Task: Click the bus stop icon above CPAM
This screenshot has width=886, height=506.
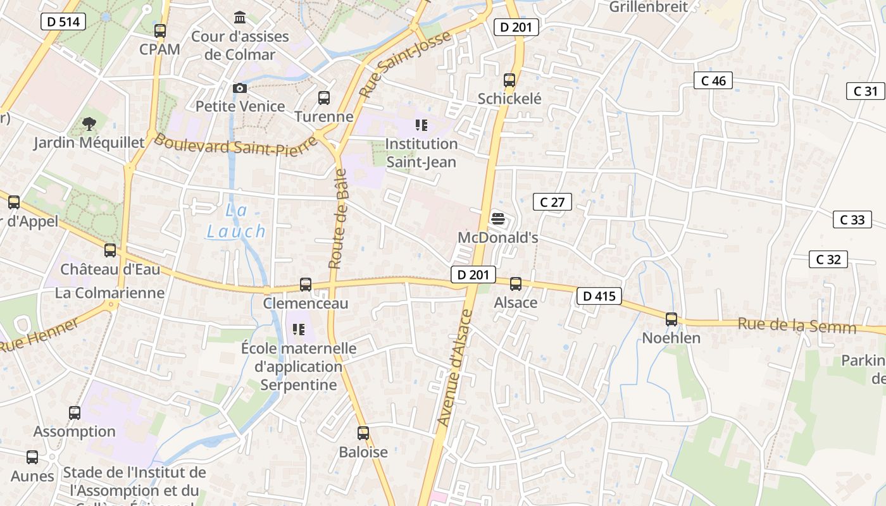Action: pos(160,30)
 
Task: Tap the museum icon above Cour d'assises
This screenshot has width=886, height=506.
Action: pos(240,17)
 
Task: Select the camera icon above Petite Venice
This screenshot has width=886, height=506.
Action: pos(240,88)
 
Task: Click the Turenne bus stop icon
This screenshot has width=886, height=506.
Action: pos(324,98)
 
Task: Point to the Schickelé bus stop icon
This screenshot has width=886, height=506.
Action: pos(509,80)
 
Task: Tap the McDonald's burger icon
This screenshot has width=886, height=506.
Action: pos(498,219)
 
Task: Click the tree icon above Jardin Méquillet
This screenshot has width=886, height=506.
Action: pos(89,124)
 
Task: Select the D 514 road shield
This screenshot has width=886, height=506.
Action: pos(64,22)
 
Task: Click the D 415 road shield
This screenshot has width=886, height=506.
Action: pos(599,296)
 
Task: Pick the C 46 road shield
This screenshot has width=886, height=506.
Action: pos(713,80)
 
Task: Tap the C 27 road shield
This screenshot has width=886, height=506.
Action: pos(552,202)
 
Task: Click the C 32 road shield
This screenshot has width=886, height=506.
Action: pos(828,259)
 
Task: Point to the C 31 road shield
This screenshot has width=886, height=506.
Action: pos(865,91)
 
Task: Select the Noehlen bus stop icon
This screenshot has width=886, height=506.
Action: pos(671,319)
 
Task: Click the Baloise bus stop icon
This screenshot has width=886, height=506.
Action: pos(363,433)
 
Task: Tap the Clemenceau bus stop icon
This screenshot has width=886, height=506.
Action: pos(306,285)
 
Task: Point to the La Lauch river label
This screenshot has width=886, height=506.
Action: pos(236,221)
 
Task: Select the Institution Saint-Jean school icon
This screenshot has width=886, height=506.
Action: pos(421,125)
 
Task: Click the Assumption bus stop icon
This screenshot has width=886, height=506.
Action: pos(75,413)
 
